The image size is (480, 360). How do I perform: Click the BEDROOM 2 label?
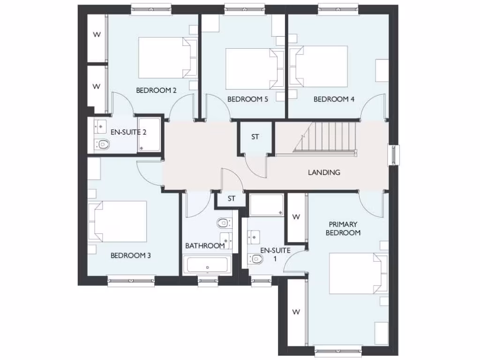coord(156,90)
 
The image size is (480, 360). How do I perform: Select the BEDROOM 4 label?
coord(334,99)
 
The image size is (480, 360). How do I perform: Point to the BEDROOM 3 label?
coord(130,256)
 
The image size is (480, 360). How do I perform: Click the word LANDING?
coord(324,172)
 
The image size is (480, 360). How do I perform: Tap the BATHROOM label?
coord(205,246)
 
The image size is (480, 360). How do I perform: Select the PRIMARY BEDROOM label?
coord(344,228)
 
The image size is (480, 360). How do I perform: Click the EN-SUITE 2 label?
coord(128,132)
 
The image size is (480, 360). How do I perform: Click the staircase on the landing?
coord(328,137)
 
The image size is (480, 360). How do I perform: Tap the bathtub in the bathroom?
coord(207,265)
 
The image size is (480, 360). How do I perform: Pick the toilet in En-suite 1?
coord(256,258)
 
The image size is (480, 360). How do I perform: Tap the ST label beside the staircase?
coord(255,137)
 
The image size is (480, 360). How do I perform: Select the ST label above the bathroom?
coord(231,199)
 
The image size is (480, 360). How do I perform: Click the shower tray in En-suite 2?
coord(150,135)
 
